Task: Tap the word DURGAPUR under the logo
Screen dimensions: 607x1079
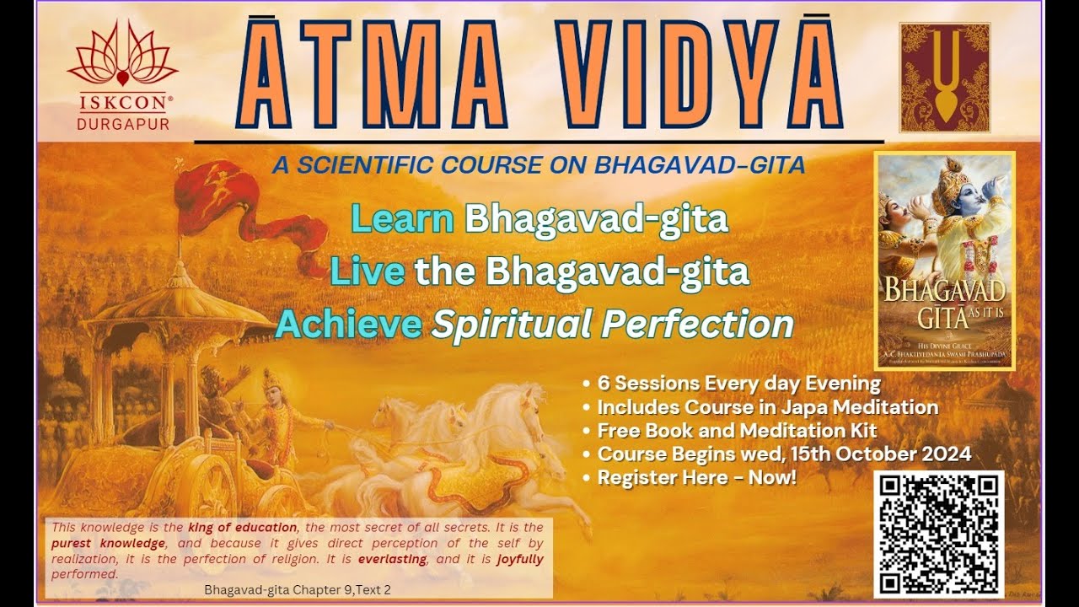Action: tap(122, 124)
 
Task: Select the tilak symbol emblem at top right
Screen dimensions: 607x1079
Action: tap(944, 78)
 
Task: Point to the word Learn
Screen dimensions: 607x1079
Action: tap(402, 219)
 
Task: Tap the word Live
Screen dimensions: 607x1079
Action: tap(367, 271)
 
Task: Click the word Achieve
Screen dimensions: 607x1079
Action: tap(348, 325)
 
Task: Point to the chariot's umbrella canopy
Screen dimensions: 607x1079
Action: tap(177, 303)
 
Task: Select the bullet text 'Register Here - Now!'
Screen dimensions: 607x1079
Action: tap(696, 477)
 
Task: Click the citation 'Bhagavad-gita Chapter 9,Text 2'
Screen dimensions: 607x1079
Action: tap(297, 589)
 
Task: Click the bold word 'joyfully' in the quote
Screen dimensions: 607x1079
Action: tap(520, 559)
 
